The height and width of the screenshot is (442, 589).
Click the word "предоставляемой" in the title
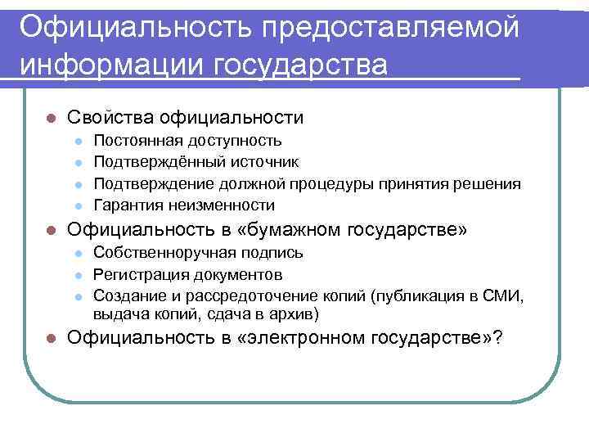390,26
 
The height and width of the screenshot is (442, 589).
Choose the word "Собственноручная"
160,253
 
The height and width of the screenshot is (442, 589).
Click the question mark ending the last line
499,339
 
